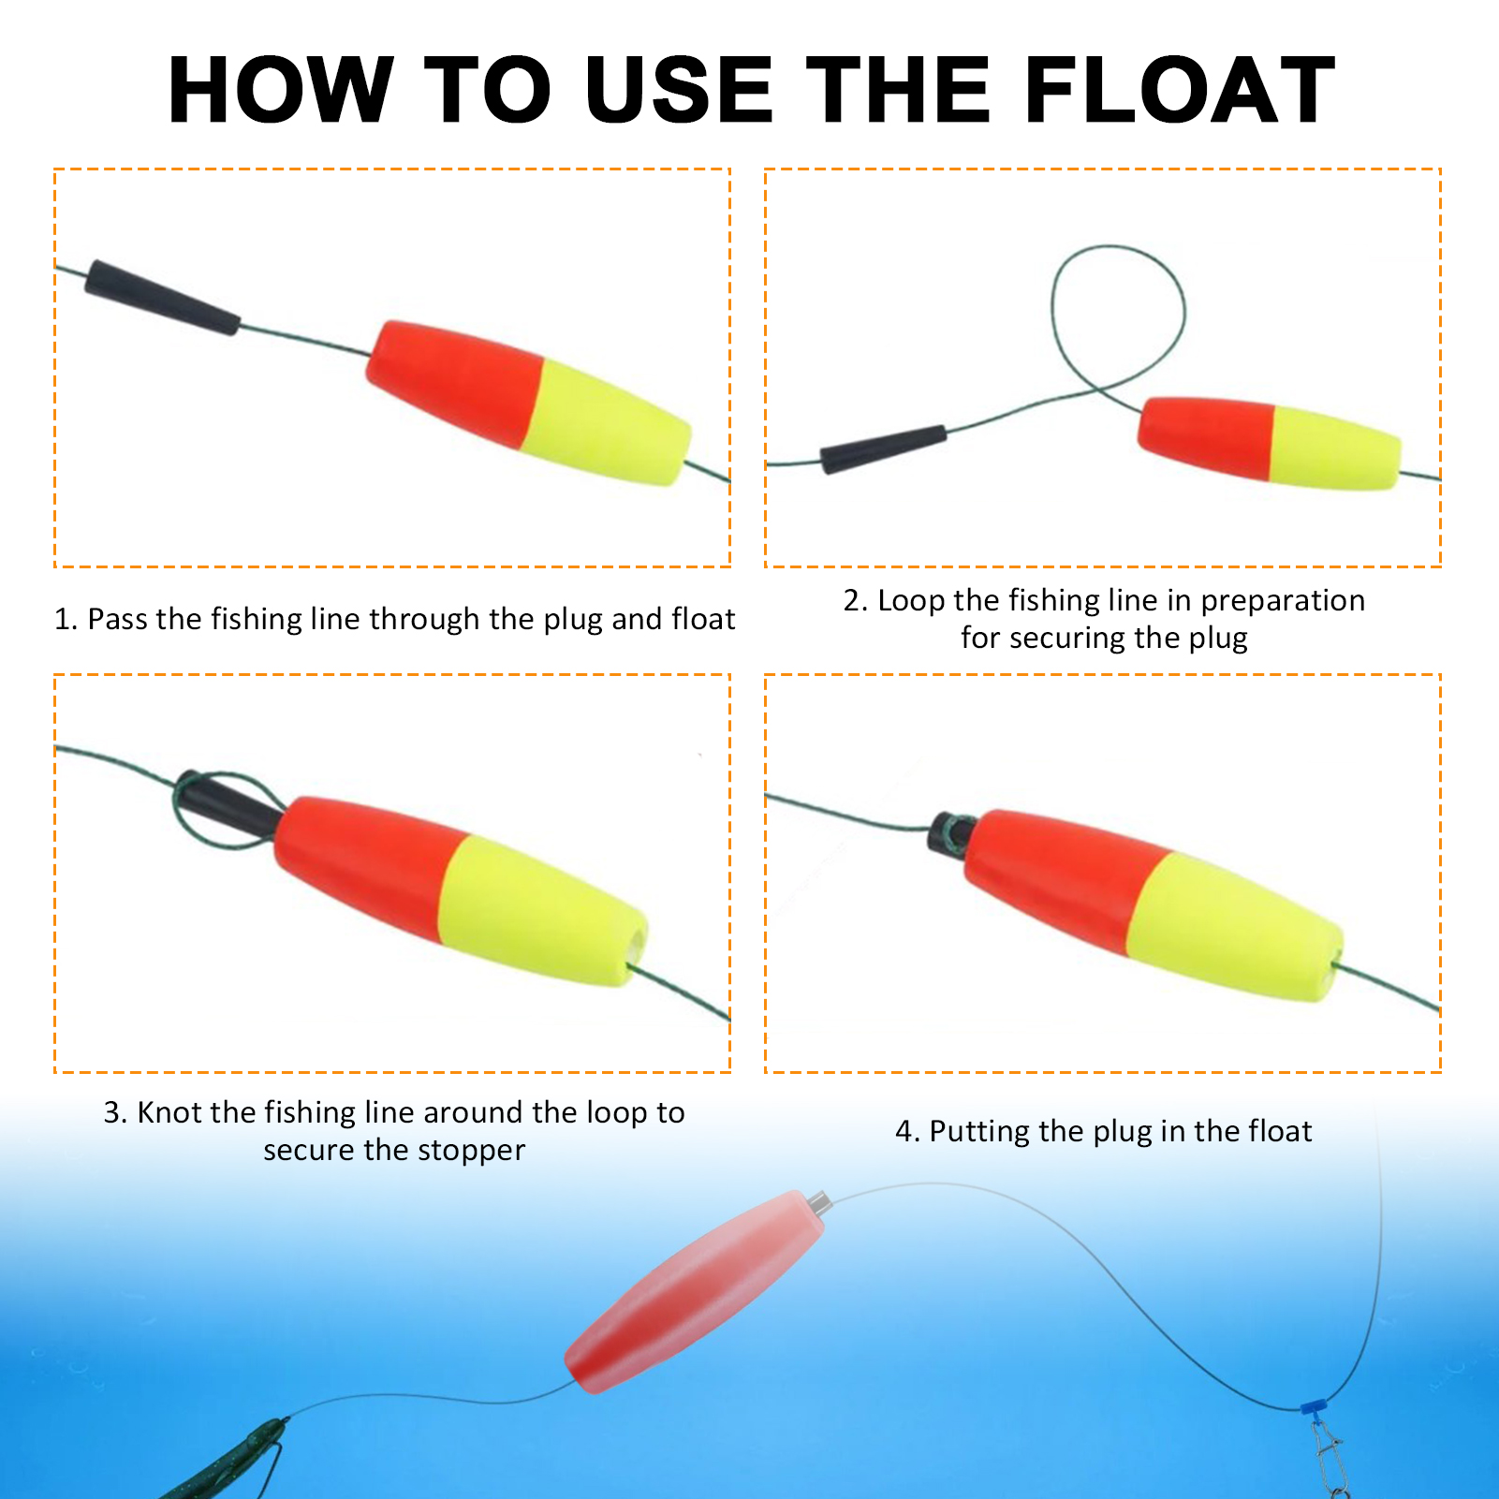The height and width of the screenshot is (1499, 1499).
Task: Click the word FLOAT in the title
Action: click(1180, 90)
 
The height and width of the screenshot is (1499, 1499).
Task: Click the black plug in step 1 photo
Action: click(161, 298)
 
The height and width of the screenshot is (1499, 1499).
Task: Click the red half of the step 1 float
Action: click(454, 379)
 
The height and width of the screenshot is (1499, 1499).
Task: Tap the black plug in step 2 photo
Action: click(883, 448)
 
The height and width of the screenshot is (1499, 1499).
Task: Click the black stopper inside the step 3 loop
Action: click(225, 805)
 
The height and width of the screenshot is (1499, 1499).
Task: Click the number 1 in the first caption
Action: click(63, 619)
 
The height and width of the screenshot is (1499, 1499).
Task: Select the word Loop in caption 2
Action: click(909, 600)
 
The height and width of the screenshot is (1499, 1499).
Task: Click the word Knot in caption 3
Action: click(169, 1112)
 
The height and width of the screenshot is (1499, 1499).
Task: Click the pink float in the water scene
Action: click(693, 1292)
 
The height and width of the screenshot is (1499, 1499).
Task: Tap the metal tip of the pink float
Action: click(819, 1201)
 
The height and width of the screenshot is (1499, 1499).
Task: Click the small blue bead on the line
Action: click(1314, 1406)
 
